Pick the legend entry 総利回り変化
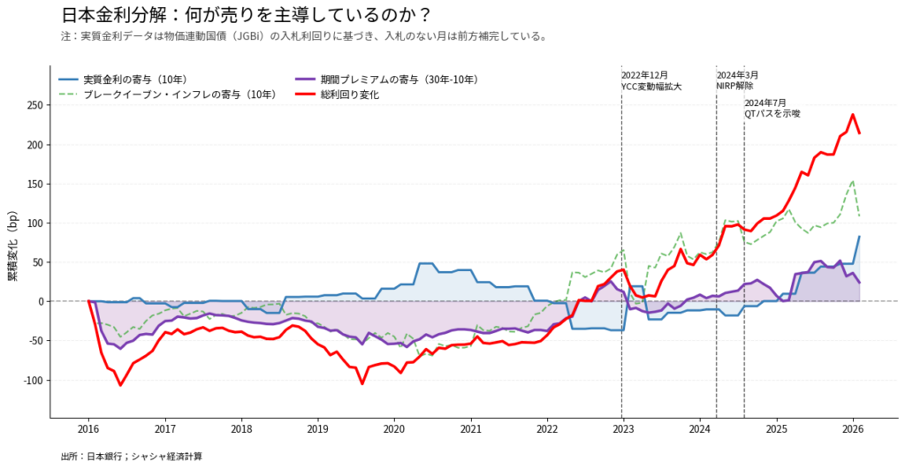(349, 94)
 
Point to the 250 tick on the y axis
(35, 105)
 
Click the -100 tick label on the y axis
(33, 380)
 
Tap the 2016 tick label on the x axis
(88, 429)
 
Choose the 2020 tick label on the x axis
(394, 429)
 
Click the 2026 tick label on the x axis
(853, 429)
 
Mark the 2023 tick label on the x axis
(623, 429)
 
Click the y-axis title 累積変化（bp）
(12, 247)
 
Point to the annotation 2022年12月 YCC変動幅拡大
(651, 80)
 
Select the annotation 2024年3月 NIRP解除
(736, 80)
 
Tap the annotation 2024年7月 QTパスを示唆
(772, 109)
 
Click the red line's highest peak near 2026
(853, 115)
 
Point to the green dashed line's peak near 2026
(853, 181)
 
